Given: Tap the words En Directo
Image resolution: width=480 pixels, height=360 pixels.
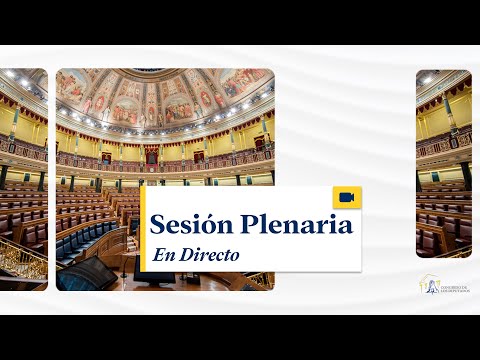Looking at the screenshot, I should coord(196,255).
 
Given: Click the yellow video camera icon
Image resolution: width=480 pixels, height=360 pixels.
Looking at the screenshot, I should coord(347,198).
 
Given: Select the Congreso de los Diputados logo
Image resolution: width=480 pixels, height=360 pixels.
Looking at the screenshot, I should coord(444,286).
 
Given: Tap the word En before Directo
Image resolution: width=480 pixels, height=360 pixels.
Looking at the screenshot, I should coord(163,255).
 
